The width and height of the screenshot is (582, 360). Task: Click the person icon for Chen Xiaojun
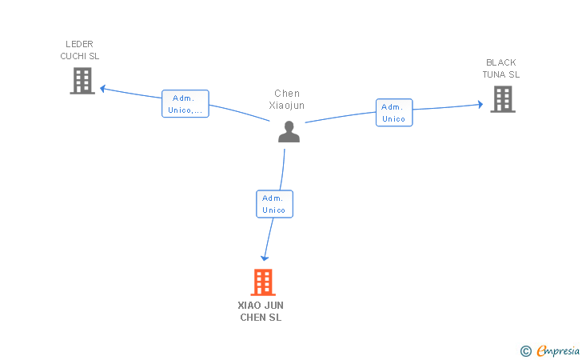pos(289,131)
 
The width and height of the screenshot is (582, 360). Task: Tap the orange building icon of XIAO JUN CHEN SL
pos(262,282)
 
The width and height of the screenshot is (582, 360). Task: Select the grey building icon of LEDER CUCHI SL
pos(82,81)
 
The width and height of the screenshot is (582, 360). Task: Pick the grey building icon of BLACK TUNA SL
pos(502,99)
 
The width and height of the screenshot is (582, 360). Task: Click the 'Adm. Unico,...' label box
pos(185,104)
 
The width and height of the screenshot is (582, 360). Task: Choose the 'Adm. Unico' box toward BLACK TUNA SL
pos(393,113)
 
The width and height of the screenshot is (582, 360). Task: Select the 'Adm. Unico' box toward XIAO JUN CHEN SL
pos(274,204)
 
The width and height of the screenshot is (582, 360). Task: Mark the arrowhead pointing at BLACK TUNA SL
pos(480,104)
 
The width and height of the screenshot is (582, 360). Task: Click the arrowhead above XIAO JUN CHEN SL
pos(265,258)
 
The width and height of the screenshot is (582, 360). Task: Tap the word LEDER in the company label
pos(80,44)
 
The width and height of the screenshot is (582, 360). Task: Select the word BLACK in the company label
pos(501,62)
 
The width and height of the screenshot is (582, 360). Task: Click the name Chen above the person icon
pos(287,94)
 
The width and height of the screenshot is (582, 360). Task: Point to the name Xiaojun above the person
pos(287,106)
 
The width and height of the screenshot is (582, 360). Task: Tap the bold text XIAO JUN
pos(261,306)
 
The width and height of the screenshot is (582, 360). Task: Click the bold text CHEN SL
pos(261,318)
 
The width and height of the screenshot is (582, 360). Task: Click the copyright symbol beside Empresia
pos(525,350)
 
